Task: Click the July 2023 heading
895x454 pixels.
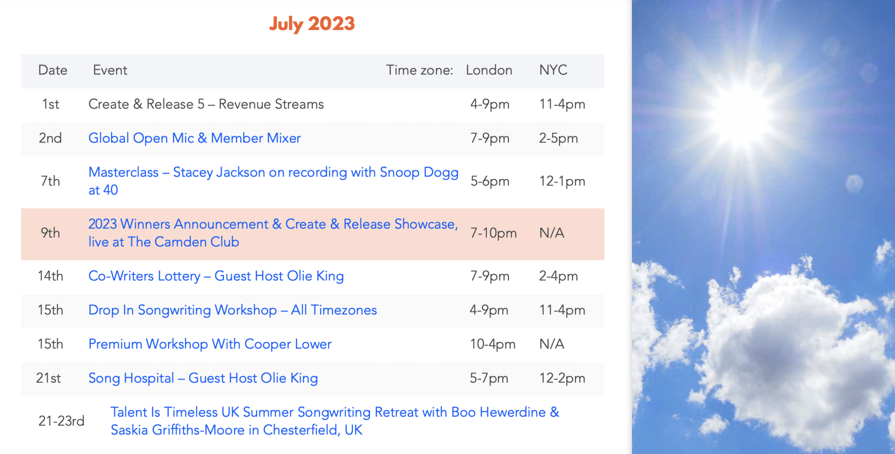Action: [312, 24]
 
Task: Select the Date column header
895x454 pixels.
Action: [53, 70]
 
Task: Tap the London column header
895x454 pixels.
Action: [489, 70]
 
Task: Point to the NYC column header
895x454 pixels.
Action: [553, 70]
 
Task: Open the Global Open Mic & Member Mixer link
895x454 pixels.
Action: [194, 138]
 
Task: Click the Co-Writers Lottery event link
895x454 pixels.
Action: [216, 276]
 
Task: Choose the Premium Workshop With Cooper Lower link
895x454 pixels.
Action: [210, 344]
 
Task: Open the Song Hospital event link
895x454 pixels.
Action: [203, 378]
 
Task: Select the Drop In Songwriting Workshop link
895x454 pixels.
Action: [232, 310]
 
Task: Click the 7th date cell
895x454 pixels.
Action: [50, 181]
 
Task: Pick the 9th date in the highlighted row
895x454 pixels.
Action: [50, 233]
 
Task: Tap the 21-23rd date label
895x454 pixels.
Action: [61, 421]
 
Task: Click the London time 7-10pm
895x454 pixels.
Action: [493, 233]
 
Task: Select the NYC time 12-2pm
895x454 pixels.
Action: [562, 378]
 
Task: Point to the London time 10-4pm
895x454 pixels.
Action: [493, 344]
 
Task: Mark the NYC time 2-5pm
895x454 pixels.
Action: [559, 138]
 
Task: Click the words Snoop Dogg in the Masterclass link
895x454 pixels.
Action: [419, 173]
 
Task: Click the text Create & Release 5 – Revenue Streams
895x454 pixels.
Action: [206, 104]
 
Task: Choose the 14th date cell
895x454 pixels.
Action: [50, 276]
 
